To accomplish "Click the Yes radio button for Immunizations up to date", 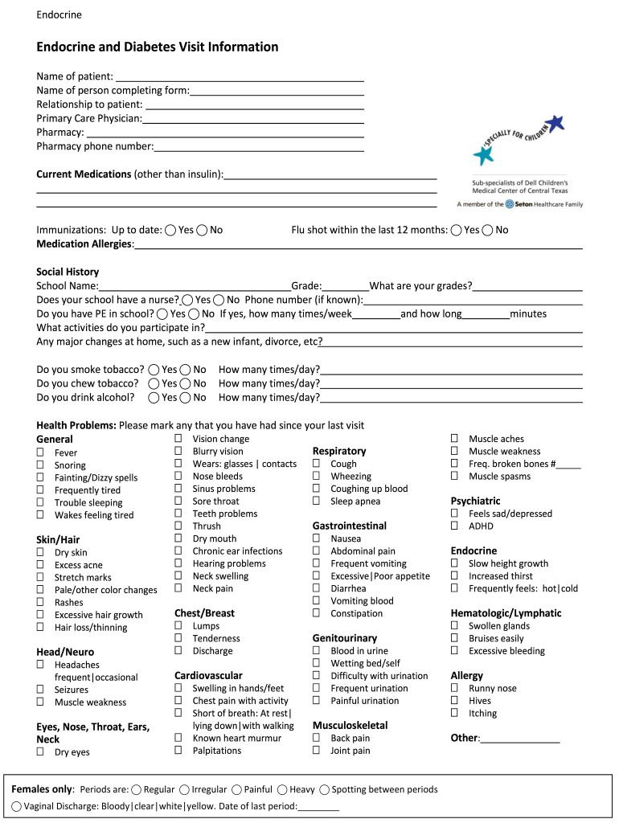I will point(170,231).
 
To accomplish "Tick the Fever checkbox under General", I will point(40,452).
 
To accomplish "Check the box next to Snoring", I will point(40,465).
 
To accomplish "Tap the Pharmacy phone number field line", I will point(259,147).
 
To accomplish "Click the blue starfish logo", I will point(484,155).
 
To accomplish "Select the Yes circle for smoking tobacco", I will point(154,370).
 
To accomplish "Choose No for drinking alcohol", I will point(186,398).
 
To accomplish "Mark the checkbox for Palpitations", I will point(178,750).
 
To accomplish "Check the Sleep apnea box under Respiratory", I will point(317,501).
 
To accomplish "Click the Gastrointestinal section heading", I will point(349,526).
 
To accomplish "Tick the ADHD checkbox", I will point(455,526).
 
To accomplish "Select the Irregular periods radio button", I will point(185,790).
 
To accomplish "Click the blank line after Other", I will point(519,739).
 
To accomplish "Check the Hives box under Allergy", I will point(455,701).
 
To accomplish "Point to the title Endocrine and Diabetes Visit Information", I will point(158,47).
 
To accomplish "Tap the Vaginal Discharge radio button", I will point(17,806).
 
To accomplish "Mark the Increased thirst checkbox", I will point(455,575).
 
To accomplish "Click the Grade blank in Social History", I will point(346,287).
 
